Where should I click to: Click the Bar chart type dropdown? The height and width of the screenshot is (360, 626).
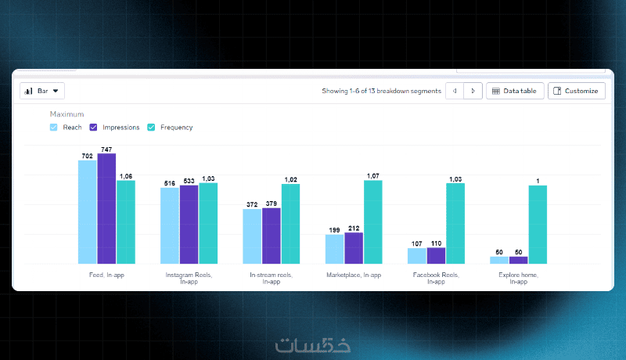[42, 91]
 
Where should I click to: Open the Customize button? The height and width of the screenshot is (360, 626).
[576, 91]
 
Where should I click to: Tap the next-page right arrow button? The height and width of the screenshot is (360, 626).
[473, 91]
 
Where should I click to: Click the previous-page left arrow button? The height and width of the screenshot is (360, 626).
[455, 91]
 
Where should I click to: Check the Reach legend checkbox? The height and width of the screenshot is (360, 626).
[53, 127]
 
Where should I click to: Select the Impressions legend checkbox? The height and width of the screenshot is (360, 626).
[93, 127]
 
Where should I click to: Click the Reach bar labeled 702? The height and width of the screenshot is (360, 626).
[88, 212]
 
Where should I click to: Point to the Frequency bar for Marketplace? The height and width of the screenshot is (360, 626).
[373, 222]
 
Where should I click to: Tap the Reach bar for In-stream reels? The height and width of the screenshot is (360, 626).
[252, 236]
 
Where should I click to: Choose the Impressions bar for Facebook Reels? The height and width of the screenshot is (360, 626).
[436, 255]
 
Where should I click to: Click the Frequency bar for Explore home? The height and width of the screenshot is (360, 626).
[538, 225]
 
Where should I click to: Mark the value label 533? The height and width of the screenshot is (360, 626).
[189, 181]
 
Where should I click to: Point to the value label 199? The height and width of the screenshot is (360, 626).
[334, 230]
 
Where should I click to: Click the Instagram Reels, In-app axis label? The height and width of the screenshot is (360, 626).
[189, 278]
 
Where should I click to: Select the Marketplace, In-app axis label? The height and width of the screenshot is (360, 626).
[354, 275]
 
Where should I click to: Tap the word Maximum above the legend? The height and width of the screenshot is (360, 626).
[67, 114]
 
